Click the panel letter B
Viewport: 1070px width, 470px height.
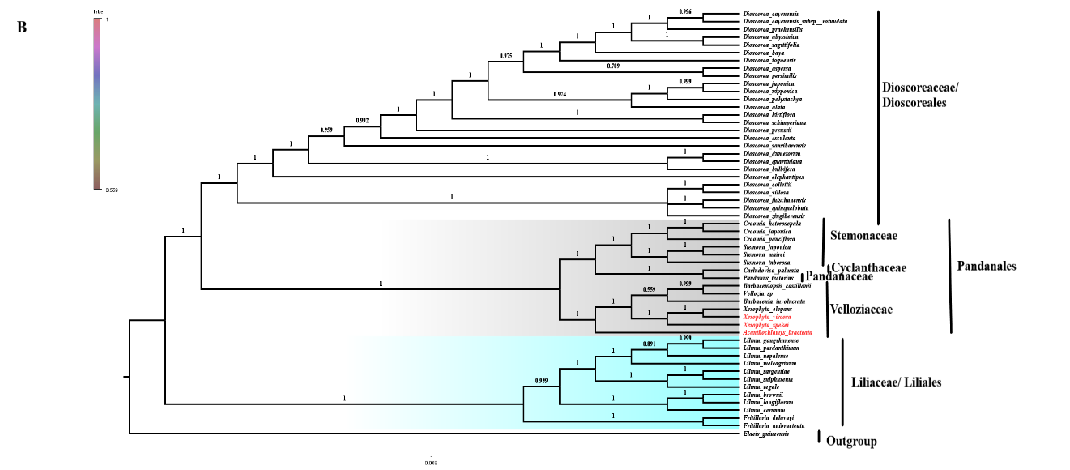[22, 28]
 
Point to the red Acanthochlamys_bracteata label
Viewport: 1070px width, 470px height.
[778, 333]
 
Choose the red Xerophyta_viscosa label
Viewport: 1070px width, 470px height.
[766, 317]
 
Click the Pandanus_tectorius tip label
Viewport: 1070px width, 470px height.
[768, 278]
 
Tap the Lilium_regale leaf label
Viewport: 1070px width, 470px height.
[760, 387]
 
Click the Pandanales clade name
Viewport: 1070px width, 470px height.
[986, 266]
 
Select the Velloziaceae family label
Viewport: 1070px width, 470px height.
[863, 309]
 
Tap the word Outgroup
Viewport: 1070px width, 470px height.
[851, 442]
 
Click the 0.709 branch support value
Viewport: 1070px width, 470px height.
[613, 66]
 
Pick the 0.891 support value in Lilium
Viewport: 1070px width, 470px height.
[649, 344]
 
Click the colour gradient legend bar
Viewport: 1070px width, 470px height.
[97, 103]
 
